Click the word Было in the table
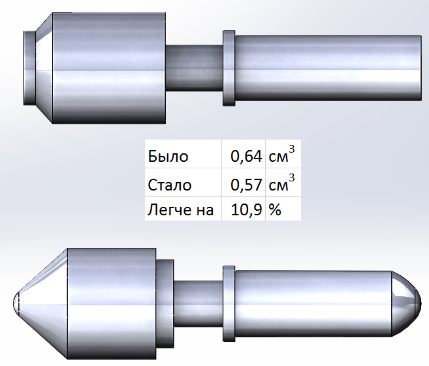tap(168, 157)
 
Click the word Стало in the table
tap(169, 185)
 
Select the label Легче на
tap(181, 210)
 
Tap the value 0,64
tap(246, 157)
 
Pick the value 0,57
tap(246, 185)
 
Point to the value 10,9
tap(247, 210)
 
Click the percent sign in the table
tap(275, 210)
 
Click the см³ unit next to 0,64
tap(282, 155)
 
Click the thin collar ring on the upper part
tap(229, 68)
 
